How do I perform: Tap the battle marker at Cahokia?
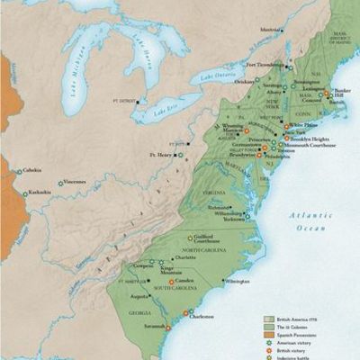coord(19,171)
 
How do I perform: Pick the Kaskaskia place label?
coord(38,192)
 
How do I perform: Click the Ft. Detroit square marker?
coord(139,101)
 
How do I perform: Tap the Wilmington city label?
coord(238,281)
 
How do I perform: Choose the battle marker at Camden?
coord(172,282)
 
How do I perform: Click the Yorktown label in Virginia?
coord(232,218)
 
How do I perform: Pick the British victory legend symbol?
coord(268,351)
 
